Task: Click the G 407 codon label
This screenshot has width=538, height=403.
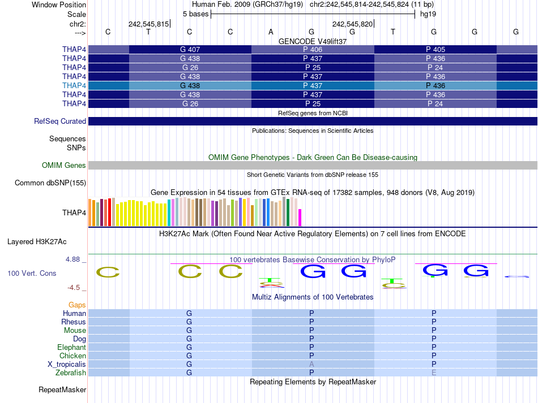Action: point(190,50)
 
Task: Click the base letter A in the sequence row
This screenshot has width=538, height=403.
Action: point(271,32)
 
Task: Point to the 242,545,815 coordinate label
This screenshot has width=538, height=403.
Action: point(148,24)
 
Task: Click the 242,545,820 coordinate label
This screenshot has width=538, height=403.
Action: point(352,24)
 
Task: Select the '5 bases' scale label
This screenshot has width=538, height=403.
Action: point(195,14)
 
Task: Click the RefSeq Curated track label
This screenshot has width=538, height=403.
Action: point(60,121)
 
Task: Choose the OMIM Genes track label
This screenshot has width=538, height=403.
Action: point(64,166)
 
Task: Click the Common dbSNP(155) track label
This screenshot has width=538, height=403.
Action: point(50,183)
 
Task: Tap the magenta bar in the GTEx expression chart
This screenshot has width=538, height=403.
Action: point(300,218)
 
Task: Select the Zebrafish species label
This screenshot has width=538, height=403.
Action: point(71,373)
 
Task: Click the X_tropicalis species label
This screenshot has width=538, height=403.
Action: point(67,365)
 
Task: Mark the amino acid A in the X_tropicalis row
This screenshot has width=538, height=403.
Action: point(311,365)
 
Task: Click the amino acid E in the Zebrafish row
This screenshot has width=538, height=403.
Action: point(434,373)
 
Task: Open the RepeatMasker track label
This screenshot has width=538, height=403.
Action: point(62,390)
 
